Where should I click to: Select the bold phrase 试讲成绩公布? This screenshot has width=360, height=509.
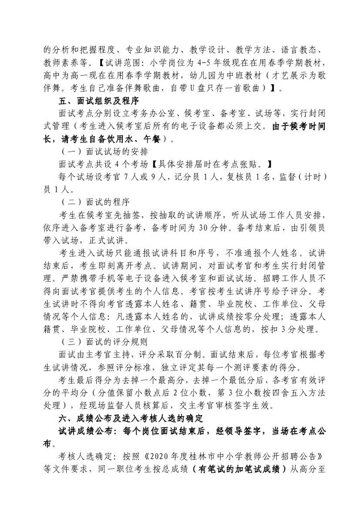point(86,431)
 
